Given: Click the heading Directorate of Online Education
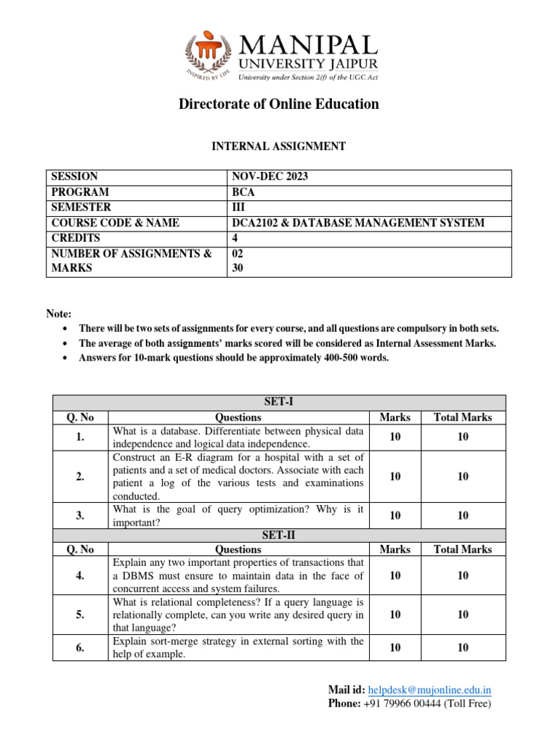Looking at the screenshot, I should tap(279, 104).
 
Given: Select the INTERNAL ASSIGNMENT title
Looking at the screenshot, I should tap(278, 147).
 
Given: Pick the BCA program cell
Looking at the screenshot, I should tap(242, 192).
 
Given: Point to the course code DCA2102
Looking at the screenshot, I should tap(256, 223).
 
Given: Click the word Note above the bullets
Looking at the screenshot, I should tap(59, 313).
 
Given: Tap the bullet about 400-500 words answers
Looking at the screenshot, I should tap(234, 358).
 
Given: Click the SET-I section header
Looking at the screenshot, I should tap(279, 403).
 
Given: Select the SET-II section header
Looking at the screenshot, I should tap(279, 535).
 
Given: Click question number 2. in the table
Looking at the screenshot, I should tap(80, 476).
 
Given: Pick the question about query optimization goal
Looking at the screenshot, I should tap(238, 516).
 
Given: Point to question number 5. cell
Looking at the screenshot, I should tap(80, 615).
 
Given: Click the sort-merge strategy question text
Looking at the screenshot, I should tap(238, 648).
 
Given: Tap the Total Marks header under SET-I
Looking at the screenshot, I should tap(463, 417).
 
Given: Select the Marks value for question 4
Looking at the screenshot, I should tap(395, 575).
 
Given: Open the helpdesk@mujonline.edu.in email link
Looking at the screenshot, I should tap(430, 690).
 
